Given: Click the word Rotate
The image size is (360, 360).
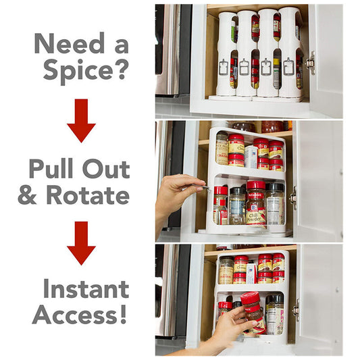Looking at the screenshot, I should tap(86, 195).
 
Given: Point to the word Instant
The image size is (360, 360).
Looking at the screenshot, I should tap(86, 289).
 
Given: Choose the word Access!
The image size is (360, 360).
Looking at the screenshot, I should tap(80, 315).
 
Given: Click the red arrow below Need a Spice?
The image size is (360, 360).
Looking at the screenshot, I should tap(81, 120).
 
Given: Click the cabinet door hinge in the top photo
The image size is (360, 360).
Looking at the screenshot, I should tap(310, 63).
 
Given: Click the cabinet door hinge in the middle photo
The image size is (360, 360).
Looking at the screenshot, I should tap(293, 197).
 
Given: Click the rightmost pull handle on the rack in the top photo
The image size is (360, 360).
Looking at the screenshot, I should tap(289, 66).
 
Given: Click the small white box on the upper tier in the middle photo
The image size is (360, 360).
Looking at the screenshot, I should tap(251, 157).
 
